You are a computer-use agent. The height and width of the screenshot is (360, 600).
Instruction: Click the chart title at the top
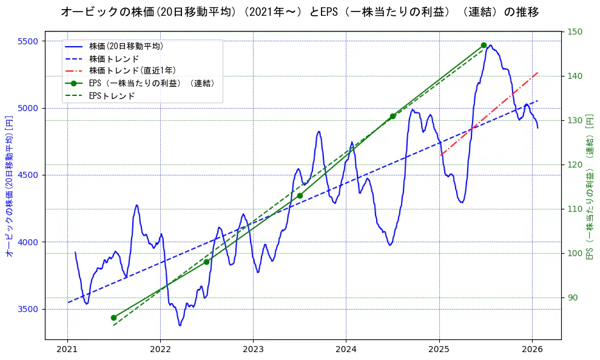[x=300, y=12]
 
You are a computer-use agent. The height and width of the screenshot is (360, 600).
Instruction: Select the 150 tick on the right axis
[x=575, y=32]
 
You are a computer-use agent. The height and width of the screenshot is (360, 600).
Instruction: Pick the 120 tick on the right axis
[x=575, y=165]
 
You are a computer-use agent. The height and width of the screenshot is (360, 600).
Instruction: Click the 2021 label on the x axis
[x=67, y=349]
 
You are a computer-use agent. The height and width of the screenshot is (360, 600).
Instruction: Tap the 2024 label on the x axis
[x=346, y=349]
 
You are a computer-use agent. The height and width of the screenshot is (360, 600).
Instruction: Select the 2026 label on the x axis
[x=532, y=349]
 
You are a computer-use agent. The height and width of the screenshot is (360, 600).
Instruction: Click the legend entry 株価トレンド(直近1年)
[x=131, y=71]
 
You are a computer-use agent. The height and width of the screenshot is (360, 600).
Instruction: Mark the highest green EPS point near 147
[x=484, y=46]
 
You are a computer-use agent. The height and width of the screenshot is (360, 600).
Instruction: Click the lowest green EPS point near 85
[x=113, y=318]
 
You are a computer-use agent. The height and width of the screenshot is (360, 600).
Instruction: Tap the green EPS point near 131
[x=393, y=116]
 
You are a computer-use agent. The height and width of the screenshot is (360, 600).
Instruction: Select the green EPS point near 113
[x=300, y=195]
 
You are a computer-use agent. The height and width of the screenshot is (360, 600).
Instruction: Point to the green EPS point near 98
[x=206, y=262]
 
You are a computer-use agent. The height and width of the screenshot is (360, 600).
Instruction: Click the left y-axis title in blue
[x=9, y=185]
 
